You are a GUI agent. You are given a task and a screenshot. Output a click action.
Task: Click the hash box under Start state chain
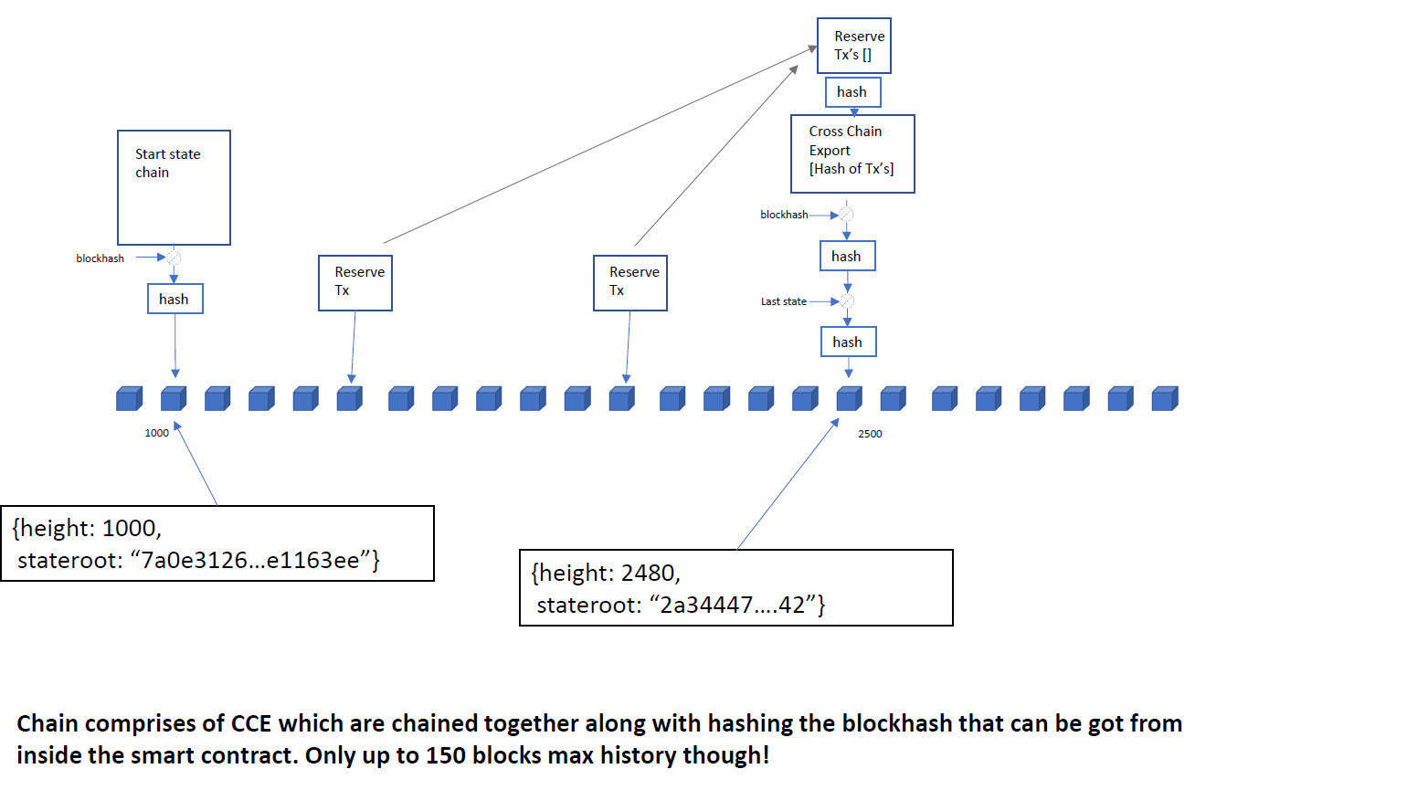(175, 299)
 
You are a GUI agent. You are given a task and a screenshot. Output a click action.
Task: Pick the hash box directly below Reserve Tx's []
(852, 92)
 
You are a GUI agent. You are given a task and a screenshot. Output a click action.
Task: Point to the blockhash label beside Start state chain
(100, 258)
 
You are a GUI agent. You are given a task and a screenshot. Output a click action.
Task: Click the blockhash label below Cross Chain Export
(784, 215)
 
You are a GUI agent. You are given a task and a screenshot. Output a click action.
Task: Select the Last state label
(783, 301)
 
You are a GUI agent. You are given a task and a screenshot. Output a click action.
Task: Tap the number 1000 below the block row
(156, 433)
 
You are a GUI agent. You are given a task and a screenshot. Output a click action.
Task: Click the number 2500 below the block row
(870, 433)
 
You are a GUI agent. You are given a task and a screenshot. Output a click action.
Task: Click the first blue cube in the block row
(130, 399)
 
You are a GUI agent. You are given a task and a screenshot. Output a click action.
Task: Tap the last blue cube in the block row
(1165, 399)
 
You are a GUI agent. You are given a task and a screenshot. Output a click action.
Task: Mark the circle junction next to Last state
(847, 301)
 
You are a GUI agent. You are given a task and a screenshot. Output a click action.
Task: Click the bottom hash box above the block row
(849, 342)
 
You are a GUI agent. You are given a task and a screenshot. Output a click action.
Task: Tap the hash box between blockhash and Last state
(847, 257)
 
